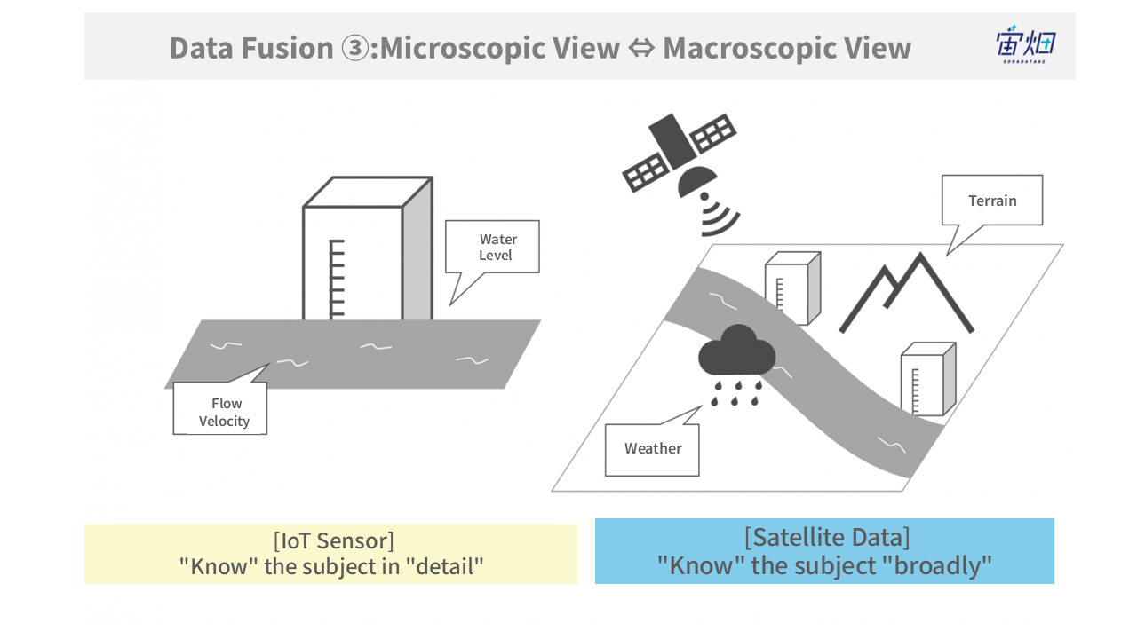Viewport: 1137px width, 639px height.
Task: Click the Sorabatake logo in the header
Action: [1025, 44]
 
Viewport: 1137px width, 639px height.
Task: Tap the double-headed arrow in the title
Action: [641, 49]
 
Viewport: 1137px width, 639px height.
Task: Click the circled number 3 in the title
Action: [354, 49]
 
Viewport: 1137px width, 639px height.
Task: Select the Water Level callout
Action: [492, 247]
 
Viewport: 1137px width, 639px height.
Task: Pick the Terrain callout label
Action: [992, 201]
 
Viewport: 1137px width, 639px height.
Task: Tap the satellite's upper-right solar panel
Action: [712, 133]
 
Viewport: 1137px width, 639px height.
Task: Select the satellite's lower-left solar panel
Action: [645, 173]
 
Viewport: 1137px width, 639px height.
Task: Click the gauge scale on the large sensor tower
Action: [337, 279]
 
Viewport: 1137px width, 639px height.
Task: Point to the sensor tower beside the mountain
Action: [793, 288]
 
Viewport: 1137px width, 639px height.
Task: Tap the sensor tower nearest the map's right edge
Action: [928, 379]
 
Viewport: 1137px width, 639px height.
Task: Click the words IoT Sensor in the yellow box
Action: [333, 541]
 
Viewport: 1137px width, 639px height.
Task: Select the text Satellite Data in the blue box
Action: [827, 538]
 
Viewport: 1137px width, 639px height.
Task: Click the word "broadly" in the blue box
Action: [937, 565]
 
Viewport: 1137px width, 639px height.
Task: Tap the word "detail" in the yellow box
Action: [445, 566]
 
